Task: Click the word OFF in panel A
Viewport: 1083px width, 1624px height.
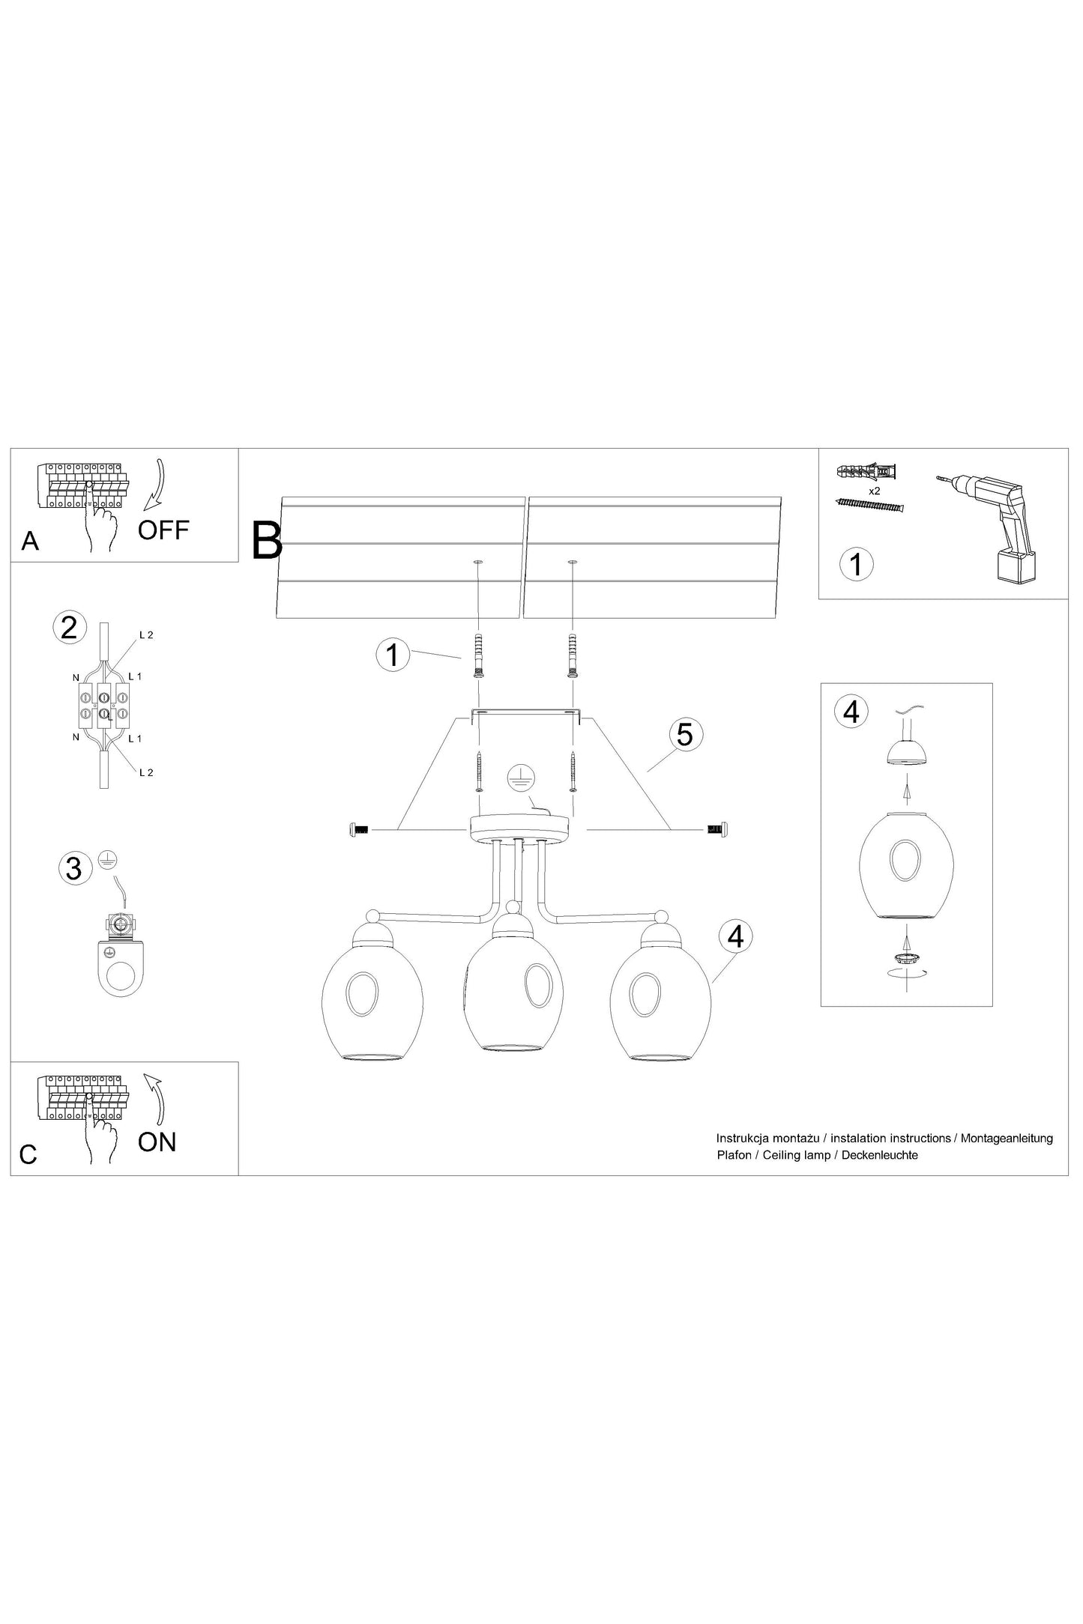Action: pos(163,530)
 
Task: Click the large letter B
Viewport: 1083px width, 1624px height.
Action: pos(267,540)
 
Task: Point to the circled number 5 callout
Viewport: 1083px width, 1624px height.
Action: pos(684,734)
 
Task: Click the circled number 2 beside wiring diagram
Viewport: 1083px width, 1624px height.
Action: pos(69,627)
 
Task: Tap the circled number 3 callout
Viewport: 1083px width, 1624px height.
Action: pos(73,868)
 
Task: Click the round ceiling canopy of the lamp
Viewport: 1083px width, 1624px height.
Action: pos(520,828)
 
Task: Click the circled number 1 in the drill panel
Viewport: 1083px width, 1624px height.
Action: pos(855,563)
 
